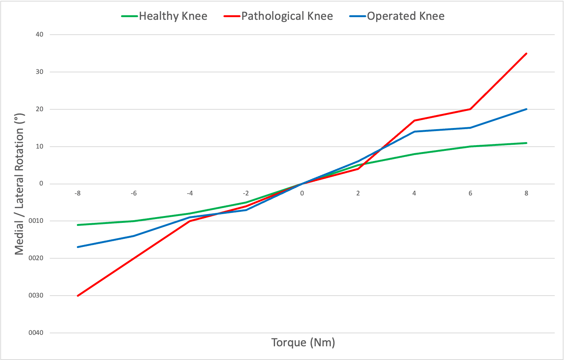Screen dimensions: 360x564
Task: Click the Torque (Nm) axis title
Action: (303, 342)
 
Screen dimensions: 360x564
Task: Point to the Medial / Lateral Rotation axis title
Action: (19, 184)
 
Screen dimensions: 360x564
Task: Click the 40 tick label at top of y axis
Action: (40, 34)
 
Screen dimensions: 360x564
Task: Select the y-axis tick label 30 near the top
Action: (40, 72)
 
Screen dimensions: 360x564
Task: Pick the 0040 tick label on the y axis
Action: (36, 333)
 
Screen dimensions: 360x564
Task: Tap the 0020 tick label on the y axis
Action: (36, 258)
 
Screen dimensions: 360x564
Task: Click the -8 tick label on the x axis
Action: (77, 193)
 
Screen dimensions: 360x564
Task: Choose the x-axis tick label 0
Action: (302, 193)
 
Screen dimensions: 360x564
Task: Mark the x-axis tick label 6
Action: (470, 193)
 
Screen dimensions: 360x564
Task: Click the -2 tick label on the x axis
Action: (246, 193)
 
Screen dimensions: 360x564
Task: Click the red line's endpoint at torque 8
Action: (526, 53)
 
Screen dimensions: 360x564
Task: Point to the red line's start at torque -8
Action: (78, 296)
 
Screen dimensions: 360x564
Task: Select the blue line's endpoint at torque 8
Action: (526, 109)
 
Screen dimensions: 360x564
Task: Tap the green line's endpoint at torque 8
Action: (526, 143)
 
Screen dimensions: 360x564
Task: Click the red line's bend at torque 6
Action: (470, 109)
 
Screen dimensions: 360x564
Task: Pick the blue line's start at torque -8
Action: (78, 247)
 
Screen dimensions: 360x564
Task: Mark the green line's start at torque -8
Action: (78, 225)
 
